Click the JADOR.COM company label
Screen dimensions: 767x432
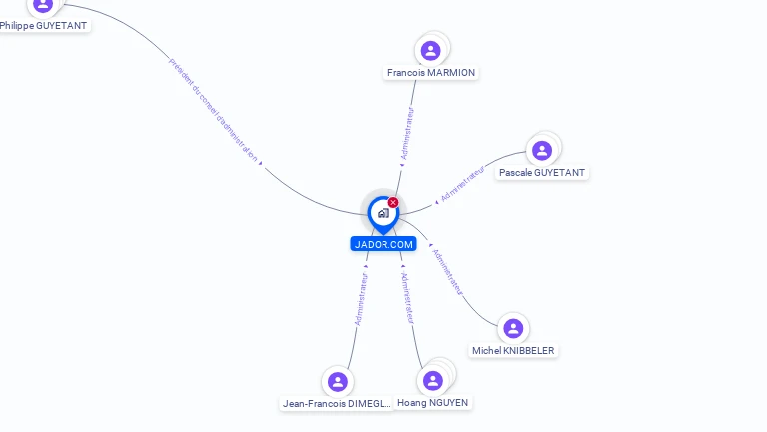[x=383, y=244]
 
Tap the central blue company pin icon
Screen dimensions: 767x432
[x=383, y=213]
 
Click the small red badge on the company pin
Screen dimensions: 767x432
[x=393, y=203]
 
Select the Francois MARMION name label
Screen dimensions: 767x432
[x=431, y=72]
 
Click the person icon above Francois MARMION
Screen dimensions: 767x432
[x=431, y=50]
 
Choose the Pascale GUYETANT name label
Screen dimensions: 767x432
[x=542, y=172]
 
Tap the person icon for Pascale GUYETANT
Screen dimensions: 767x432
[x=542, y=151]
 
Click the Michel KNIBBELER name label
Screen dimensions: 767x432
[x=513, y=350]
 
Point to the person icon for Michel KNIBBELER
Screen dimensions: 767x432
[x=513, y=328]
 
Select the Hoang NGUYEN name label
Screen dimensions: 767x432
[x=433, y=402]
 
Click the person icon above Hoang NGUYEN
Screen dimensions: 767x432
[x=433, y=381]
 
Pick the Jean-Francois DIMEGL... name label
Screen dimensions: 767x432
[x=337, y=403]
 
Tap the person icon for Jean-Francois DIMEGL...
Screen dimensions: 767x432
[x=338, y=381]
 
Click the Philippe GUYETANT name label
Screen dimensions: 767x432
[x=43, y=25]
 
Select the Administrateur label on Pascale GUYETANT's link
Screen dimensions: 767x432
[x=462, y=184]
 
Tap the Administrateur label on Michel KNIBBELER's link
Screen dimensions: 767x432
[x=446, y=269]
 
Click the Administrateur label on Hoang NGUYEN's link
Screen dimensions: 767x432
[x=407, y=296]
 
